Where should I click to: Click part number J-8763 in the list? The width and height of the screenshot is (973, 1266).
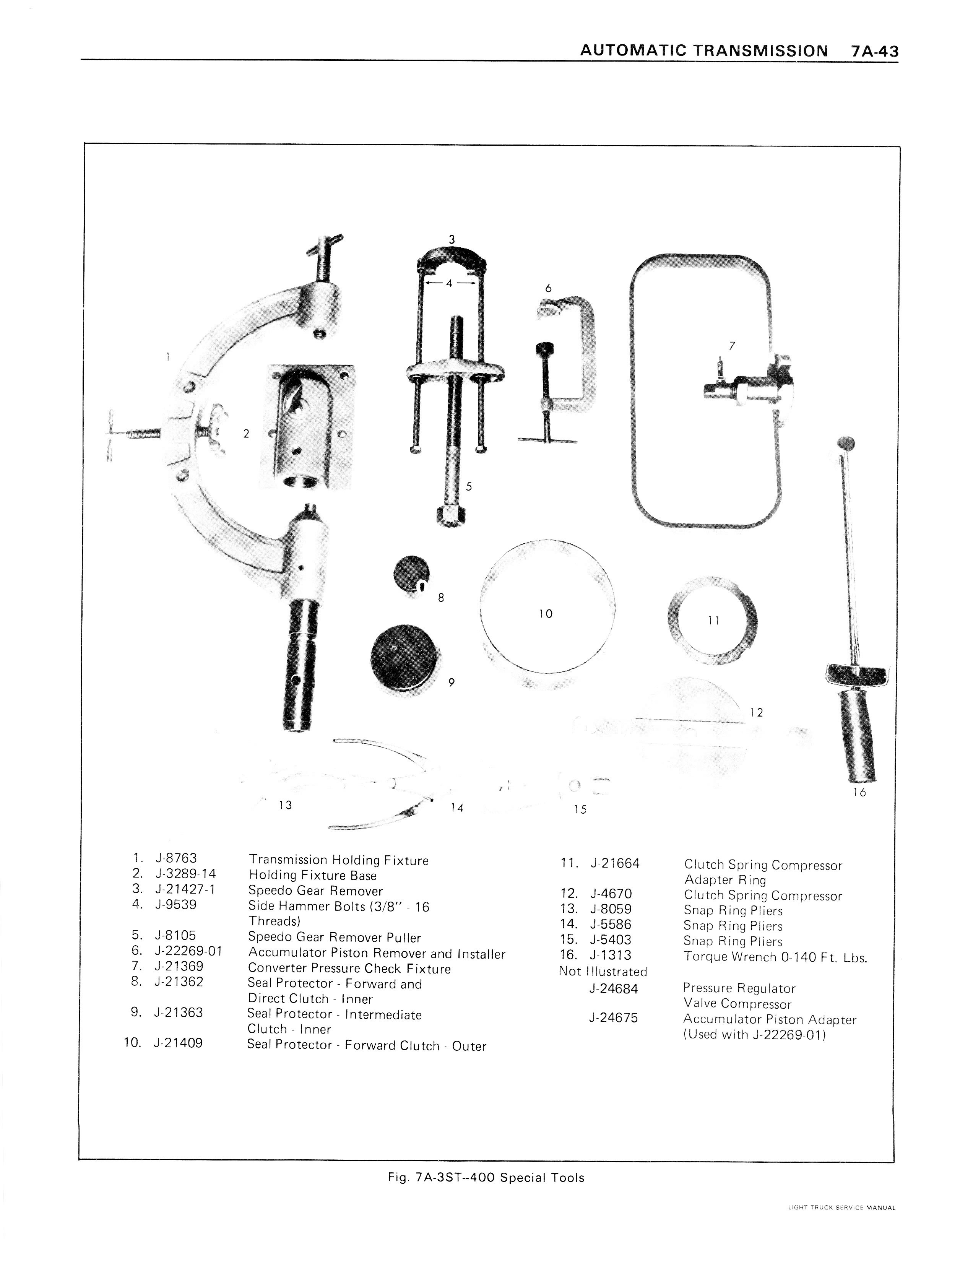coord(176,858)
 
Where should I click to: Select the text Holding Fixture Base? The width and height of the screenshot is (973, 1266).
coord(313,875)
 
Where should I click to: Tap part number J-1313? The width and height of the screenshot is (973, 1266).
coord(611,955)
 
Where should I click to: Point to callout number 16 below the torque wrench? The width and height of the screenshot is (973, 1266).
coord(859,792)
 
